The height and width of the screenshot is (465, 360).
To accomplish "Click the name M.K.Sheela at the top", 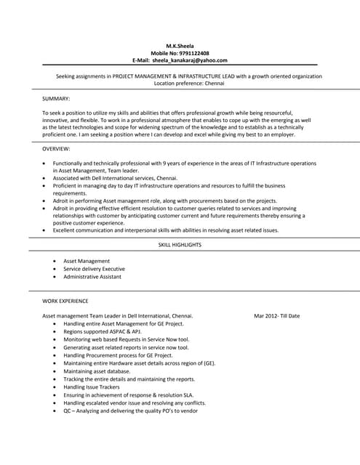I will (x=180, y=46).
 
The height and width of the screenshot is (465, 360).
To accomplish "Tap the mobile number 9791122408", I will (x=194, y=53).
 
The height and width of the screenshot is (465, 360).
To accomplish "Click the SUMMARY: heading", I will (x=56, y=98).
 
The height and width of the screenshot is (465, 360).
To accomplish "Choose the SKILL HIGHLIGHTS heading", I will (x=180, y=245).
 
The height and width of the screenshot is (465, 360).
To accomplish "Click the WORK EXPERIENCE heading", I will (x=65, y=300).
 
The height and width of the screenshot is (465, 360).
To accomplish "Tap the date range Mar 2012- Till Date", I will (x=276, y=316).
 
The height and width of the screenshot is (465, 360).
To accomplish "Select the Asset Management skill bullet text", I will (x=87, y=261).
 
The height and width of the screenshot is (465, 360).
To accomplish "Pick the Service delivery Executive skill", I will (x=94, y=269).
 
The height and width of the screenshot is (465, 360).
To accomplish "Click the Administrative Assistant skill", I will (x=92, y=277).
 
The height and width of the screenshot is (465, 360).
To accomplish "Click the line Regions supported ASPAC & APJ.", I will (x=103, y=331).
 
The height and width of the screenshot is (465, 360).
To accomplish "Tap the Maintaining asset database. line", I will (x=97, y=371).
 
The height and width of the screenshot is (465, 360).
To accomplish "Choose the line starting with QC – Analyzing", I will (x=130, y=411).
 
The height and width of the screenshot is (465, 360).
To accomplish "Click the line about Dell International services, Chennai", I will (x=115, y=178).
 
